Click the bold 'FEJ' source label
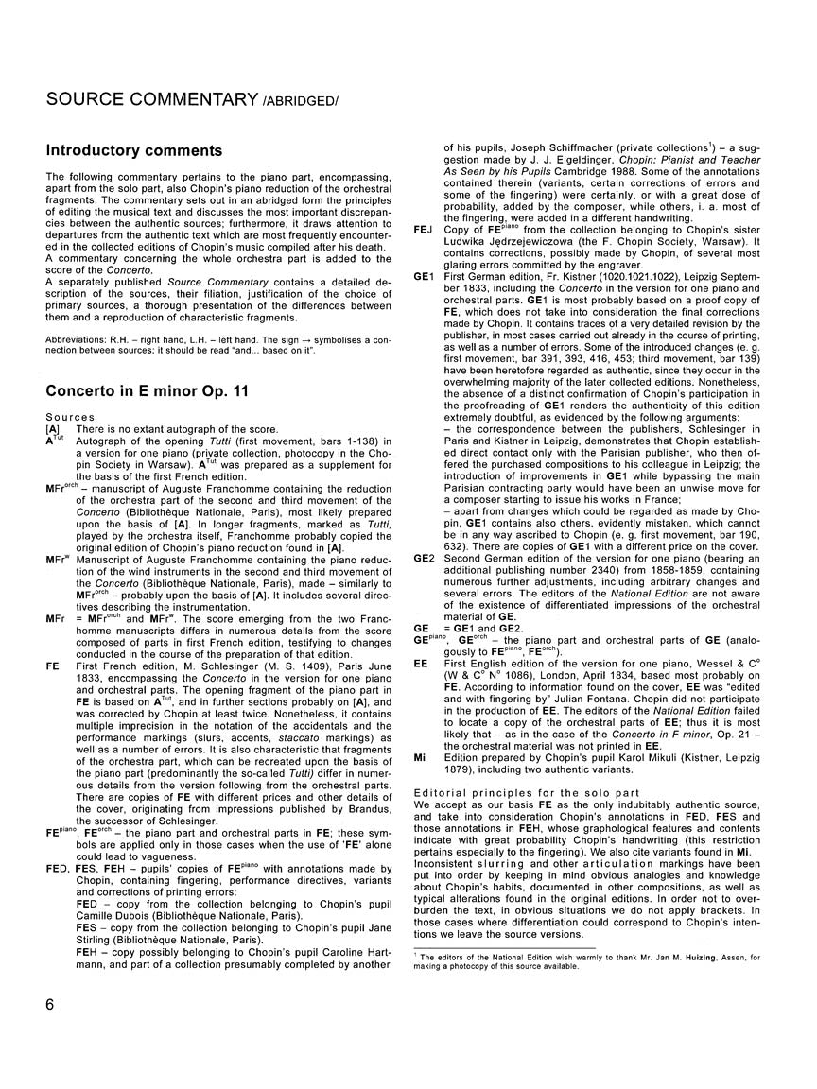tap(423, 230)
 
